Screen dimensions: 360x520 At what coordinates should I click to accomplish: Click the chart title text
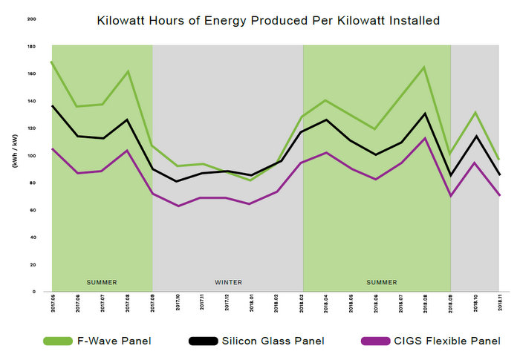pyautogui.click(x=268, y=21)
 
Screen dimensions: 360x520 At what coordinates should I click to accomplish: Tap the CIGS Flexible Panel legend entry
pyautogui.click(x=426, y=341)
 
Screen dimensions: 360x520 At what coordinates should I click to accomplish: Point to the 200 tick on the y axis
pyautogui.click(x=31, y=19)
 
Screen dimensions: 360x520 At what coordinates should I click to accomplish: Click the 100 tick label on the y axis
pyautogui.click(x=31, y=156)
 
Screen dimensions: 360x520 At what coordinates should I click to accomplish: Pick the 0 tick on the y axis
pyautogui.click(x=33, y=292)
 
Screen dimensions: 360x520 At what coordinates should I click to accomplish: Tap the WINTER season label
pyautogui.click(x=228, y=283)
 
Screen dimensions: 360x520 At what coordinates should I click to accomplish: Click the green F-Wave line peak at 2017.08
pyautogui.click(x=128, y=71)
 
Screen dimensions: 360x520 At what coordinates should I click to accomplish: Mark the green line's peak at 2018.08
pyautogui.click(x=424, y=68)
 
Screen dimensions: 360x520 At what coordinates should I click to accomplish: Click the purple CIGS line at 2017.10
pyautogui.click(x=178, y=206)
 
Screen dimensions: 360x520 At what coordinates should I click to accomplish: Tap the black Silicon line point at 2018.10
pyautogui.click(x=475, y=136)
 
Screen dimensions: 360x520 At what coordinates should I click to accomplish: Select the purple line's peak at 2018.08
pyautogui.click(x=424, y=138)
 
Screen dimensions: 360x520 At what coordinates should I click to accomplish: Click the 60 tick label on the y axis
pyautogui.click(x=32, y=210)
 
